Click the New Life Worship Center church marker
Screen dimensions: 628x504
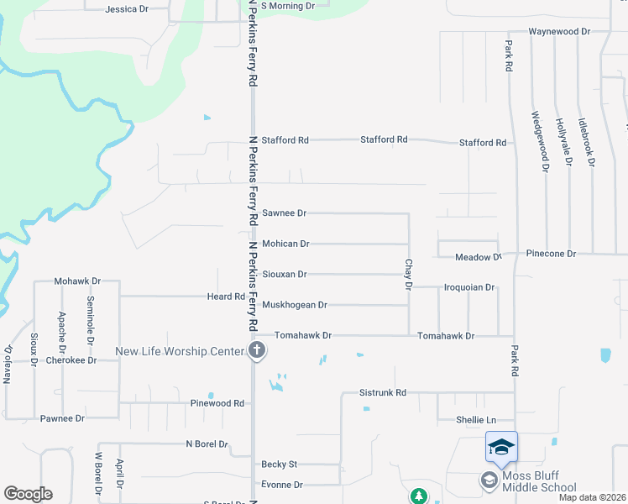coord(258,351)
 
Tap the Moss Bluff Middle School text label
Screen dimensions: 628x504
coord(538,481)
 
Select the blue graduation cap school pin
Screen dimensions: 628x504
coord(501,446)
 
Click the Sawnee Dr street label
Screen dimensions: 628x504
coord(285,213)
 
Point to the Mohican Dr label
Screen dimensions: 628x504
coord(286,244)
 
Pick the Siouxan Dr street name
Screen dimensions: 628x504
coord(285,274)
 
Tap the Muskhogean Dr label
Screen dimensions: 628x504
coord(295,305)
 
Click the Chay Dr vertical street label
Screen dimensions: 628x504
coord(409,275)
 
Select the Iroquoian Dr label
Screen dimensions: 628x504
coord(468,287)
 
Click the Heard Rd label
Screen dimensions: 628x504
coord(226,297)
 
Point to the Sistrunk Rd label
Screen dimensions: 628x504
coord(382,392)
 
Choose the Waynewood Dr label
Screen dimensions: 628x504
coord(559,31)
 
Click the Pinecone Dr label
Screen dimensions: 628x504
coord(551,253)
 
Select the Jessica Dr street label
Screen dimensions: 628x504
coord(127,9)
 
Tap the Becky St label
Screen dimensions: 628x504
coord(280,464)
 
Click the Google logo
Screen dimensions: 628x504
coord(28,494)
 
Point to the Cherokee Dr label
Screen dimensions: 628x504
coord(73,360)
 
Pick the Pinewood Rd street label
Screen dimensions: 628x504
coord(216,403)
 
